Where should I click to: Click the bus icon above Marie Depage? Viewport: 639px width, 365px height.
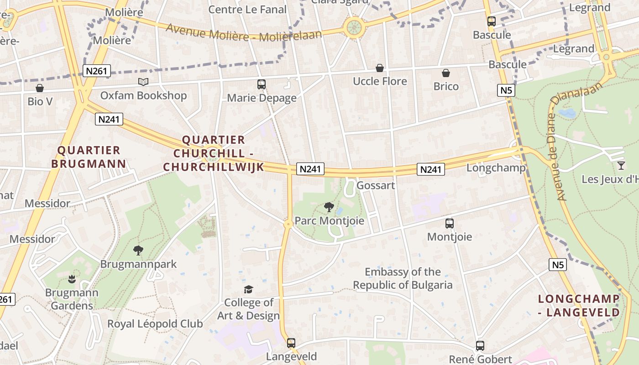262,84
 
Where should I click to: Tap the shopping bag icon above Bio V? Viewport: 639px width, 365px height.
40,88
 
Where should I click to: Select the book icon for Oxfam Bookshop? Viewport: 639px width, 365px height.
143,82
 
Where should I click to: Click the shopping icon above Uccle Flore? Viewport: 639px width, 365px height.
379,68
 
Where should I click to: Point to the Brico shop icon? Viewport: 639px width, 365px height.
446,73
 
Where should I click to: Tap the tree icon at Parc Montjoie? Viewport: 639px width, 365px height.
329,208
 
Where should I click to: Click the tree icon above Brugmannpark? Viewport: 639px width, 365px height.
138,250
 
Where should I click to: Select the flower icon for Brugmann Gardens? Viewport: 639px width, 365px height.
71,279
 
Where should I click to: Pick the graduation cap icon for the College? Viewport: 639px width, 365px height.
248,289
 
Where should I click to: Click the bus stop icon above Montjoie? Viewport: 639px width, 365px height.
450,224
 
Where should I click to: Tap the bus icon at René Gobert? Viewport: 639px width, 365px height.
480,346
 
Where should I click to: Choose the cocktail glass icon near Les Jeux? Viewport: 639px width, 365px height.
621,165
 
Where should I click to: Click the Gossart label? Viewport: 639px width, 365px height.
376,186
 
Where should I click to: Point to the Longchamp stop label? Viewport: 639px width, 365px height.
496,168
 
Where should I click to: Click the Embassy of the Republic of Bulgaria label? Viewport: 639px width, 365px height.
403,279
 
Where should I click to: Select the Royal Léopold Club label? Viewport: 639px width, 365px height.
155,324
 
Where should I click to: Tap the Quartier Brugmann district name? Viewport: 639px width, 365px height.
89,157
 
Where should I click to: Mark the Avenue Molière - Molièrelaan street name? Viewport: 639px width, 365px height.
244,32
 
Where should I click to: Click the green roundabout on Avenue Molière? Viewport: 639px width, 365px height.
354,27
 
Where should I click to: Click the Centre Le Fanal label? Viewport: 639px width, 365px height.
247,10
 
